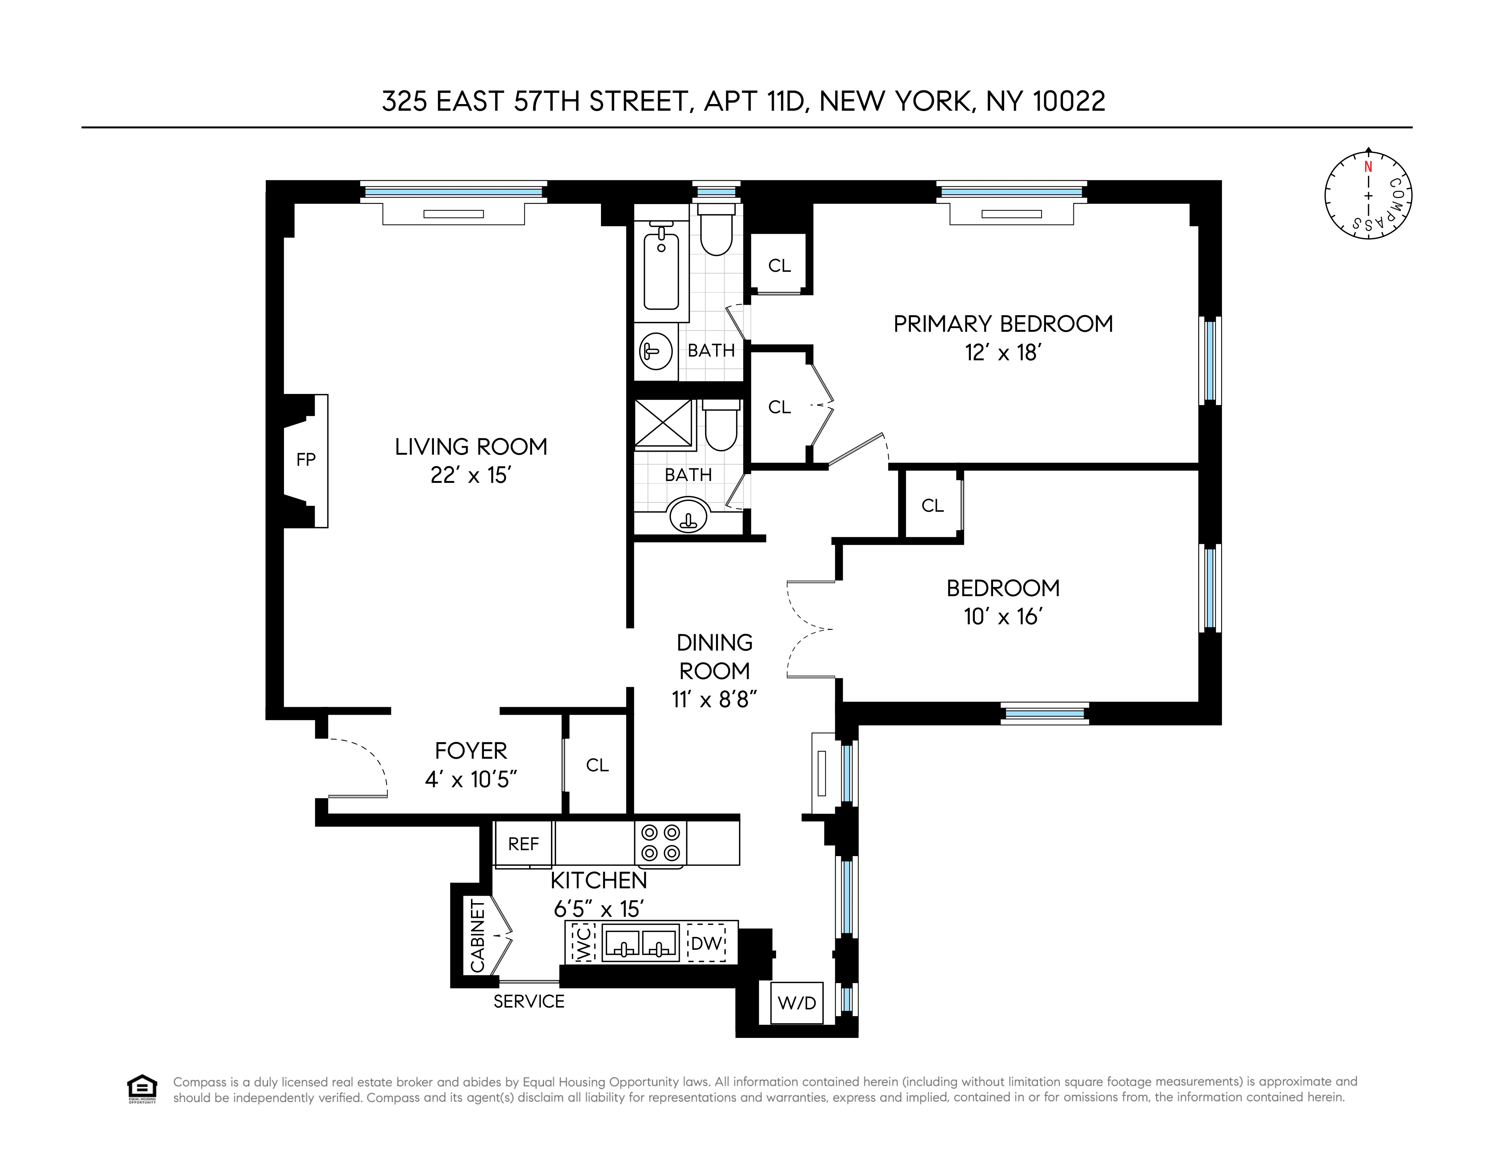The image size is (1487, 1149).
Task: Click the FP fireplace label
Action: [x=306, y=460]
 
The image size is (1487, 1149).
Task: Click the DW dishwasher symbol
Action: [x=706, y=943]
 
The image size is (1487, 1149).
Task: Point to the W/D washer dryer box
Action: [x=796, y=1003]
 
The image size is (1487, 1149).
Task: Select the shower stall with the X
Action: [x=662, y=424]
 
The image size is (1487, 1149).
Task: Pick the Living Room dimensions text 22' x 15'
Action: [x=471, y=475]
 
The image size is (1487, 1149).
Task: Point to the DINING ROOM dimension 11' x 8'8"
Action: [x=714, y=699]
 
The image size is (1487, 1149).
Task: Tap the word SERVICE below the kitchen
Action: [x=529, y=1001]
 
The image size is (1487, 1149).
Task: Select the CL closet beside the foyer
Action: [x=597, y=765]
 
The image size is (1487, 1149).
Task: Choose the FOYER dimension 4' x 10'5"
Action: [x=471, y=779]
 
